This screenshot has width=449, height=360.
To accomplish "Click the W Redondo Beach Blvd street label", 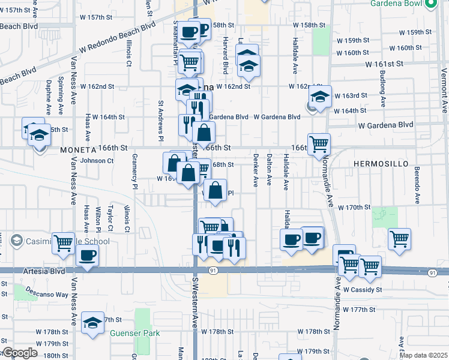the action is coord(115,42).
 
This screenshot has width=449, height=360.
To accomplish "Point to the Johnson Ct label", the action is coord(97,161).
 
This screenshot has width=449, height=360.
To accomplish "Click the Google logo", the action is coord(20,353).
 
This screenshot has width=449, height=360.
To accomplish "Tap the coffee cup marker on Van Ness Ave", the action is coord(88,256).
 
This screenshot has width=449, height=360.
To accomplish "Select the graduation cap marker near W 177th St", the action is coord(92,324).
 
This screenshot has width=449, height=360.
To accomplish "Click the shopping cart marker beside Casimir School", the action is coord(63,242).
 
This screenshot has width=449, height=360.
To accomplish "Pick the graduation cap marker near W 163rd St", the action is coord(321,96).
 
